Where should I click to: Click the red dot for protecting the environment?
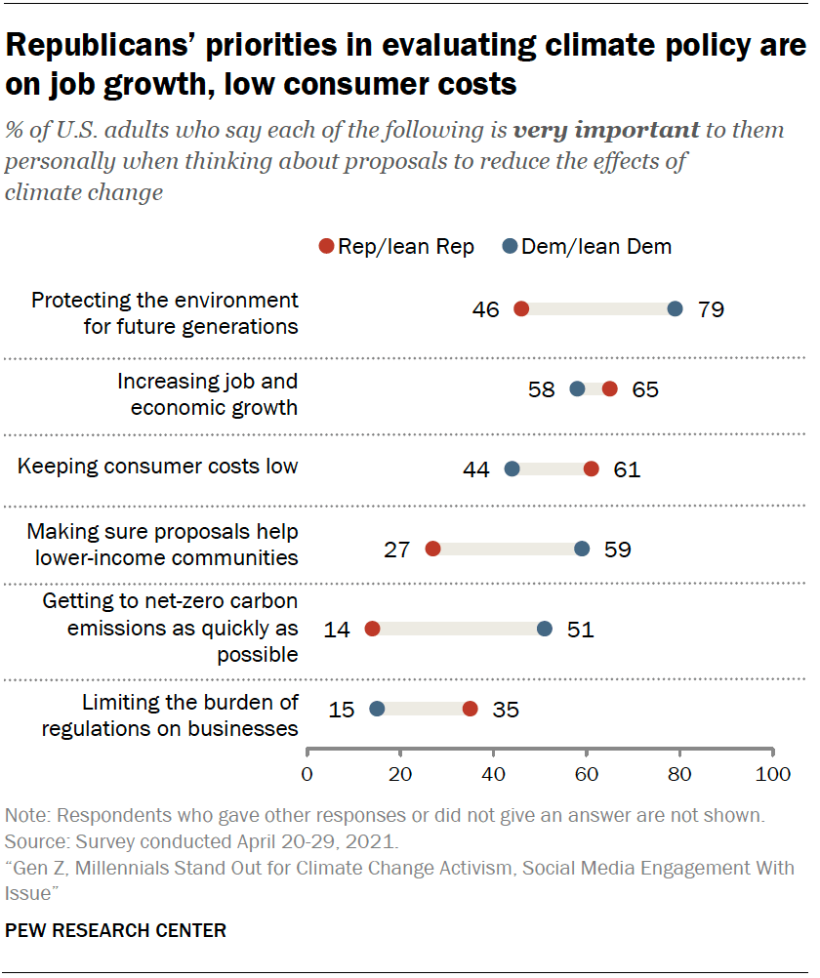[x=521, y=309]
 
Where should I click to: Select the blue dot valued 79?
[x=675, y=309]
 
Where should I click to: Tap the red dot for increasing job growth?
[x=610, y=389]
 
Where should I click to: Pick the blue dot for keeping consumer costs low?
[x=512, y=469]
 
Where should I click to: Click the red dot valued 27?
[x=433, y=549]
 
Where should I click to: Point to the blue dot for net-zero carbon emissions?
[x=545, y=629]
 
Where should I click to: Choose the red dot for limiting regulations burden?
[x=471, y=709]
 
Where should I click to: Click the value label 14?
[x=337, y=629]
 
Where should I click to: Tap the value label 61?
[x=626, y=469]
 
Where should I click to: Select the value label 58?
[x=541, y=389]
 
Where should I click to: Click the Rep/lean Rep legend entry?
[x=397, y=247]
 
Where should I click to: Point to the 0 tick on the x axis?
[x=307, y=775]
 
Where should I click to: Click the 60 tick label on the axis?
[x=587, y=775]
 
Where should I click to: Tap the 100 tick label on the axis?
[x=773, y=775]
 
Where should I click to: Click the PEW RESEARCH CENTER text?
[x=116, y=931]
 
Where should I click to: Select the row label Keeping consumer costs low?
[x=158, y=467]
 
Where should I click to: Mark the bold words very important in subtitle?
[x=606, y=130]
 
